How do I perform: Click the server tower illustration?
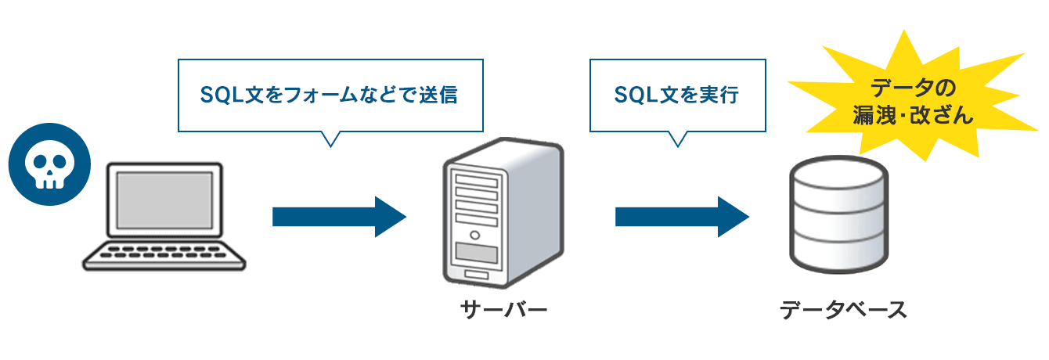pos(501,211)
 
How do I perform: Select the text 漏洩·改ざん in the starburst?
pos(913,116)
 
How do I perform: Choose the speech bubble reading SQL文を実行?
pos(676,95)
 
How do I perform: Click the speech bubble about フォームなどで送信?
pos(330,95)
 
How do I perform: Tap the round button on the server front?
pos(474,235)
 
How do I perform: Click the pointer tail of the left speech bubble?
pos(332,138)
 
